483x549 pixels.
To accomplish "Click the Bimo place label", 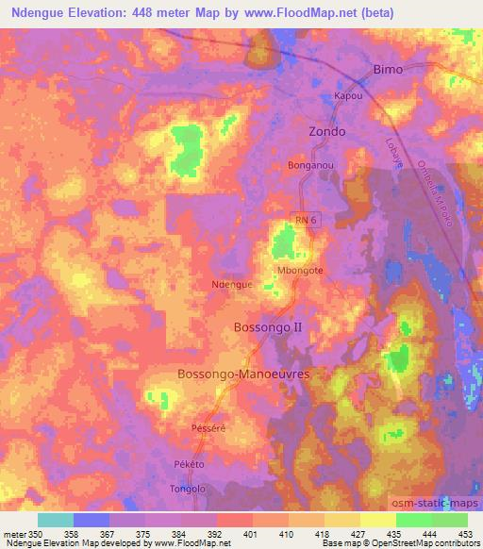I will pos(388,70).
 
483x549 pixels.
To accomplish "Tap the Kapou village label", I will pos(349,97).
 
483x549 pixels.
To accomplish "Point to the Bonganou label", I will pos(311,165).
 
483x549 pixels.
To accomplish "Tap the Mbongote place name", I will pos(300,269).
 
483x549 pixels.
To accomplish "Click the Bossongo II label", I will pos(268,327).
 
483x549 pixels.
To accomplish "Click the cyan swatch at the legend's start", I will pos(56,520).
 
